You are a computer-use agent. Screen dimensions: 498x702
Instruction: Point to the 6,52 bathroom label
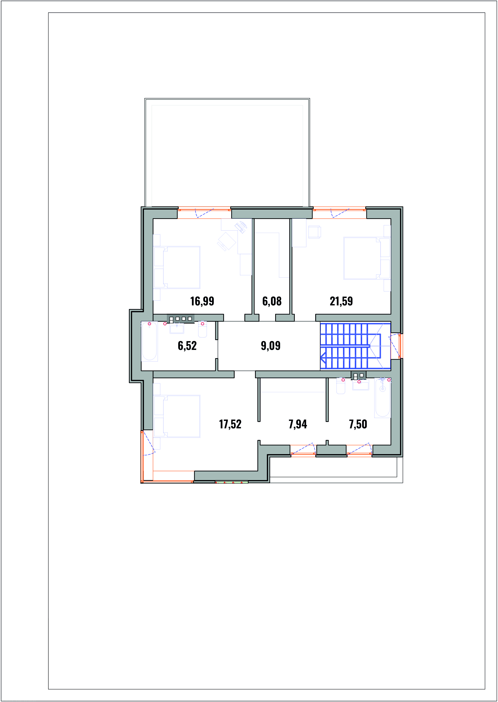click(187, 346)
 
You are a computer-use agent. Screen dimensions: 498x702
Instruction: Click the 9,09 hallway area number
click(270, 346)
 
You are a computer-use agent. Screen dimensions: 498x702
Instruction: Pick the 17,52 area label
click(230, 424)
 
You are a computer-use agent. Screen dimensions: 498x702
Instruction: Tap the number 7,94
click(297, 424)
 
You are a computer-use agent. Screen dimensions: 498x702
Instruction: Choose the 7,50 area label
click(358, 424)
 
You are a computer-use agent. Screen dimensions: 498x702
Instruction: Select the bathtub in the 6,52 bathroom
click(149, 341)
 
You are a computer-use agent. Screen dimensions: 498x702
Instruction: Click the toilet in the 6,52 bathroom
click(202, 329)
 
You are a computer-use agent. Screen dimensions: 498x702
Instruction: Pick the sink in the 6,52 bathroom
click(177, 329)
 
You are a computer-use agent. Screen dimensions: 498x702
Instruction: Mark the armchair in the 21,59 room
click(314, 232)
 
